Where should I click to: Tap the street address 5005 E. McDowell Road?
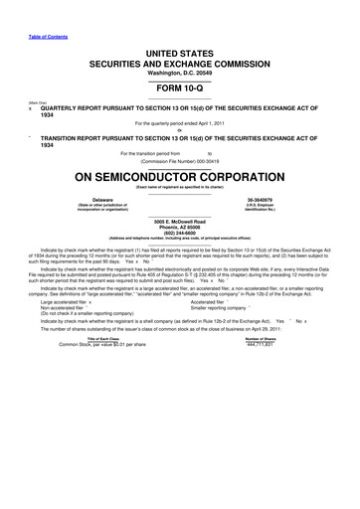180,220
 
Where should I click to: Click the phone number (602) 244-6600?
180,232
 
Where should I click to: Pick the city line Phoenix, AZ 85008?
180,226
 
